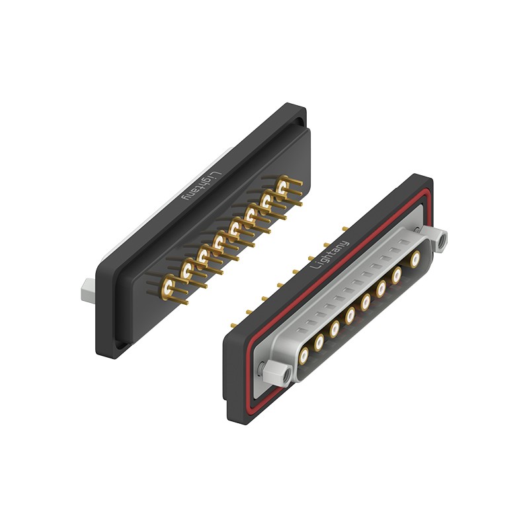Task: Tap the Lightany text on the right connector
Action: click(330, 255)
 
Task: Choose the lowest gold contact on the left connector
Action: click(168, 286)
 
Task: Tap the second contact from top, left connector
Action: click(266, 202)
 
